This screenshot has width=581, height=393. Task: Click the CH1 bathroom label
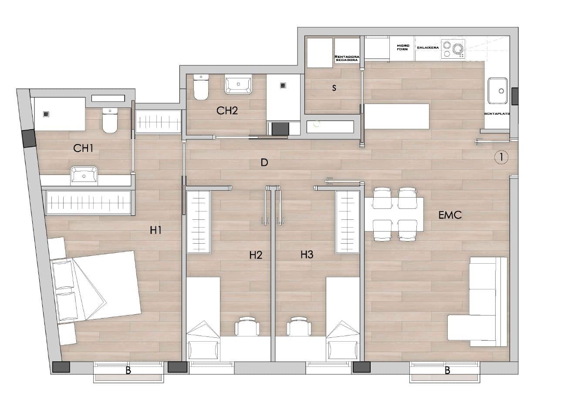(83, 148)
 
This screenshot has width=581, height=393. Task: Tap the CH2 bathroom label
(227, 111)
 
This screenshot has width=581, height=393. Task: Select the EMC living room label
(450, 215)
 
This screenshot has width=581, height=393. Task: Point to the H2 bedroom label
(256, 255)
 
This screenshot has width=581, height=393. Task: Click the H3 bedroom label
(307, 255)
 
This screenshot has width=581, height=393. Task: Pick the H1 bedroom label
(155, 231)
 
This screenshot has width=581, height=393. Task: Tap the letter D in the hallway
(264, 163)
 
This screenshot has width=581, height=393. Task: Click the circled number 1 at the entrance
(501, 157)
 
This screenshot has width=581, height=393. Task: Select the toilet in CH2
(201, 88)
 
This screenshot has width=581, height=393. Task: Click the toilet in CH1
(110, 121)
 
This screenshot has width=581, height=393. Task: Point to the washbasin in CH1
(84, 175)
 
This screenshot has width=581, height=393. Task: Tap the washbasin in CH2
(239, 84)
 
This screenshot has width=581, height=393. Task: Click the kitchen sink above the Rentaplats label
(498, 91)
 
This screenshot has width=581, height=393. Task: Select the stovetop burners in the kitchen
(453, 49)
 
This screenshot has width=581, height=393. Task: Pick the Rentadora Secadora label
(347, 58)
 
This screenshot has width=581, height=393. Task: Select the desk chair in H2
(247, 326)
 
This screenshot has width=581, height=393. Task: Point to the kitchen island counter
(396, 116)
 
